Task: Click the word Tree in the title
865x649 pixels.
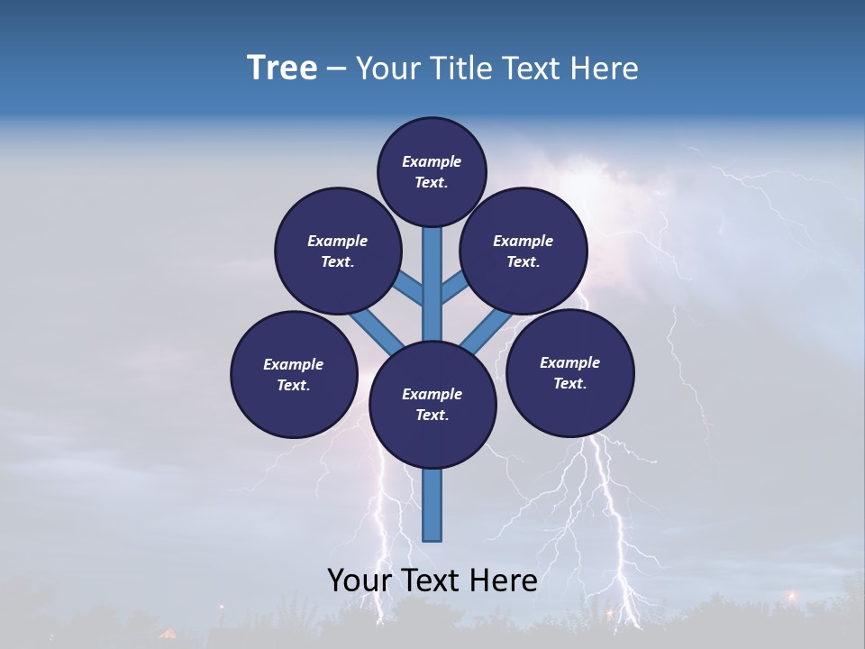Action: tap(282, 69)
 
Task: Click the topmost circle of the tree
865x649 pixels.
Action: tap(432, 171)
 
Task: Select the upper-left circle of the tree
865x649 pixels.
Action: tap(338, 251)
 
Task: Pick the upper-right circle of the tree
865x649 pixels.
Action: tap(524, 251)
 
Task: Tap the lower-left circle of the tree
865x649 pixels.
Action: tap(294, 374)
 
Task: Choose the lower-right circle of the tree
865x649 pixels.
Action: tap(569, 372)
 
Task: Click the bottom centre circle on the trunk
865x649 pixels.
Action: tap(432, 405)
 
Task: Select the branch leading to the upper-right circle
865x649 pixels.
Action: tap(454, 288)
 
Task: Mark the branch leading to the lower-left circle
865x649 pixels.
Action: tap(377, 331)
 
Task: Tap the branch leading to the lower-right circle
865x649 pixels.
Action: tap(486, 330)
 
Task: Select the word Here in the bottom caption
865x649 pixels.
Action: tap(505, 580)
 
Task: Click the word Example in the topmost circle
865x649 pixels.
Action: tap(432, 162)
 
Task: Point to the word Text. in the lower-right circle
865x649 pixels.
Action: tap(569, 383)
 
